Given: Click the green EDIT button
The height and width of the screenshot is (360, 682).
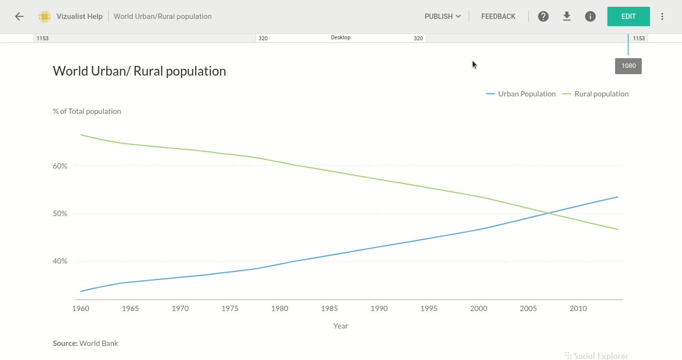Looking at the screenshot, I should (628, 16).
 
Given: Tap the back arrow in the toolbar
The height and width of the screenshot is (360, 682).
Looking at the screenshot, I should (19, 16).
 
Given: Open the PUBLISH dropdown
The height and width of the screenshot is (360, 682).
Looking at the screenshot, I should (442, 16).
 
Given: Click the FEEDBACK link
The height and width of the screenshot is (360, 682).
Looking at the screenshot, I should (498, 16).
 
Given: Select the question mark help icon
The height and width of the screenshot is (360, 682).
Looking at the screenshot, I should (543, 16).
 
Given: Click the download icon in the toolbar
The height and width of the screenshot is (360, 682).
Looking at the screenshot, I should (567, 16).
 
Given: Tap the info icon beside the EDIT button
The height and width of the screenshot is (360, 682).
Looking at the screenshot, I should (590, 16).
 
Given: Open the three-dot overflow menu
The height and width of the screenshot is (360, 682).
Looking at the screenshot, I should (662, 16).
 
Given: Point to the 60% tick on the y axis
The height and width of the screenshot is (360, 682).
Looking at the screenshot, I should (60, 166).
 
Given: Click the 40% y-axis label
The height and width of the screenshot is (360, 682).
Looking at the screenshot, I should (60, 261).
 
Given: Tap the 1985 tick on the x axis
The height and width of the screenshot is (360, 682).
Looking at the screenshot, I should (330, 308).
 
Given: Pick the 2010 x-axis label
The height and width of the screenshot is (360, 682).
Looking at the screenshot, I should (578, 308).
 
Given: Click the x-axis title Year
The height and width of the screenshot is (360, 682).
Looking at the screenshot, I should (341, 326).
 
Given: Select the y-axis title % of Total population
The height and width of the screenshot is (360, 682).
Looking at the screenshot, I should (87, 111).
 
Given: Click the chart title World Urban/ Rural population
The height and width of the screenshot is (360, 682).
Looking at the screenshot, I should (139, 71).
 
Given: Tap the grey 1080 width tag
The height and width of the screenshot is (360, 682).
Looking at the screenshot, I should (628, 66).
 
